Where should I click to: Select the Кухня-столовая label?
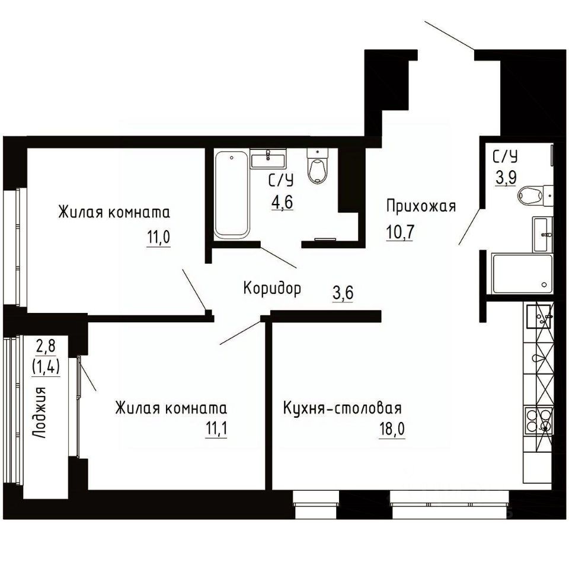(342, 408)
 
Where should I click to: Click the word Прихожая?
(421, 206)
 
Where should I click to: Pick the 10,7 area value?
(400, 232)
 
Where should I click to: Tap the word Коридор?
(272, 289)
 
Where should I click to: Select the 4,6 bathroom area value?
(282, 202)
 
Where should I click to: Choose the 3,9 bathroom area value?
(506, 177)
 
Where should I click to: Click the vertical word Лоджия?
(39, 413)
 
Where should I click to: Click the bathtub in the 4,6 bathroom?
(232, 195)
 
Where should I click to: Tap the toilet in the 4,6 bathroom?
(318, 166)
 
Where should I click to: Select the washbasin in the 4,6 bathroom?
(268, 159)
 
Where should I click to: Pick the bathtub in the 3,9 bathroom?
(522, 274)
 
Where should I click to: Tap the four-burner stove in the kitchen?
(538, 420)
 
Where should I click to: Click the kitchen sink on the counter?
(539, 317)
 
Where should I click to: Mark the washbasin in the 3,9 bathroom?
(542, 235)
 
